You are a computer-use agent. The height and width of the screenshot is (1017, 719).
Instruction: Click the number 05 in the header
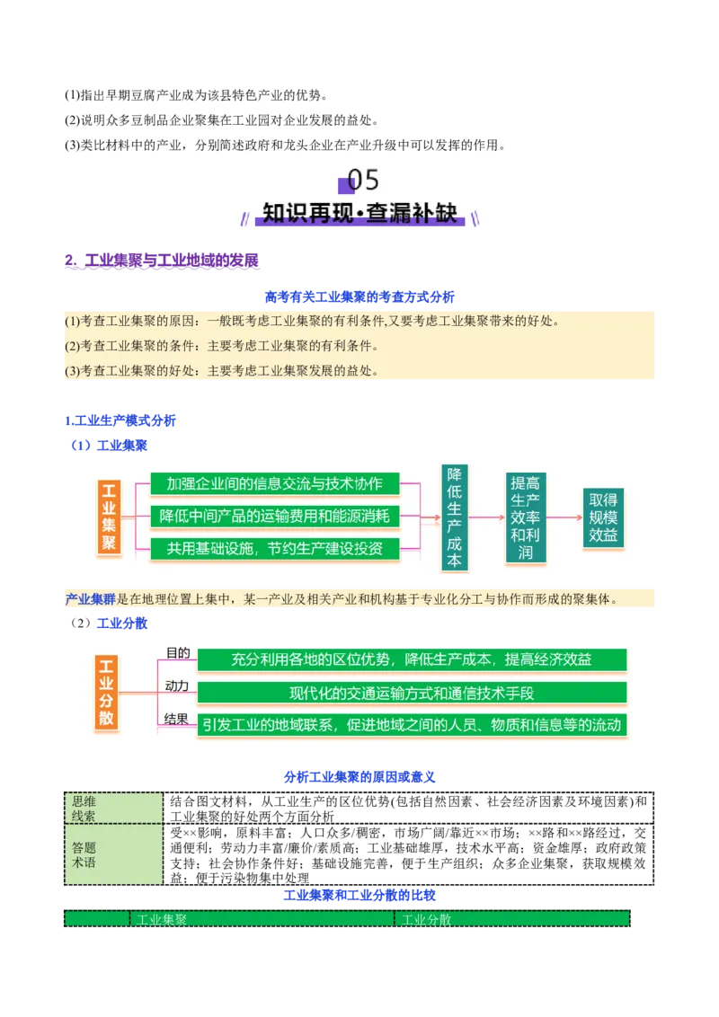pos(363,180)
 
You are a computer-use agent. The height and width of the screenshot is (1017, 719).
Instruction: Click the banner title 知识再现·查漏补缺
pos(359,213)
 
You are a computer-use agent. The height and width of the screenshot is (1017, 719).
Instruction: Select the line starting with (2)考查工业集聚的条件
pos(221,346)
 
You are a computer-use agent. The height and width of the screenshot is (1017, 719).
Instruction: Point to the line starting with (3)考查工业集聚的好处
pos(221,370)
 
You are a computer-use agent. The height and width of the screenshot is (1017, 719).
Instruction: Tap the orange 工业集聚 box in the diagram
pos(109,517)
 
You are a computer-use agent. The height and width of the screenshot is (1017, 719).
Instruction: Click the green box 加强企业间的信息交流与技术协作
pos(274,483)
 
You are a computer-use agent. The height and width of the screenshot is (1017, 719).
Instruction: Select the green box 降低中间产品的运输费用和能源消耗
pos(274,516)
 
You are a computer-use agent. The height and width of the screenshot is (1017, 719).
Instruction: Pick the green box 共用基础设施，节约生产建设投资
pos(274,548)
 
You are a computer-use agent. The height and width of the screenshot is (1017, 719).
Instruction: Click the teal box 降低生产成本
pos(455,517)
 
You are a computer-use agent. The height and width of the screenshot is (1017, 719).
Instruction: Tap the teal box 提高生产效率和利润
pos(525,517)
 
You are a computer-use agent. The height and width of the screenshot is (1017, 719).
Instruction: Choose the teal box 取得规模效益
pos(602,517)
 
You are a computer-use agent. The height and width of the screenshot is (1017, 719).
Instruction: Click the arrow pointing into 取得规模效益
pos(564,517)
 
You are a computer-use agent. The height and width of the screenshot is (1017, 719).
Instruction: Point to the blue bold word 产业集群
pos(90,598)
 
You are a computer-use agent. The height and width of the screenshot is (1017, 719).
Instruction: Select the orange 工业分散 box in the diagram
pos(106,692)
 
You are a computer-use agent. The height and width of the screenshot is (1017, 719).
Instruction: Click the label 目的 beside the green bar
pos(177,653)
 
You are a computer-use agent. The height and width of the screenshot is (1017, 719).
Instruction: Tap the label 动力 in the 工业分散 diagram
pos(177,686)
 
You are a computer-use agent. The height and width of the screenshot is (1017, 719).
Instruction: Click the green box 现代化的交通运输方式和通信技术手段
pos(412,693)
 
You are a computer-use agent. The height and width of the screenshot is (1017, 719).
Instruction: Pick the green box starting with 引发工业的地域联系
pos(412,725)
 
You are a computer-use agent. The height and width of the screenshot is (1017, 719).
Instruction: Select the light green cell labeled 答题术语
pos(113,854)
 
